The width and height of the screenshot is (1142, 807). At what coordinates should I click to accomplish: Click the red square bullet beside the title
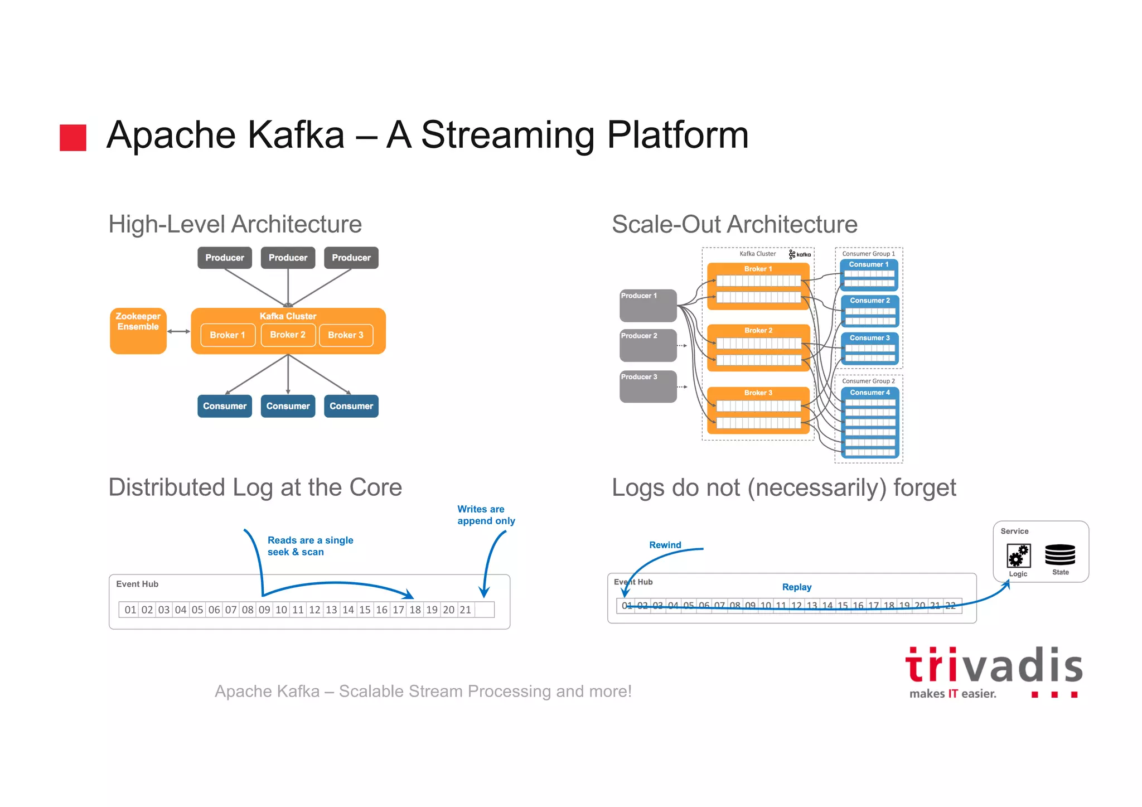point(73,138)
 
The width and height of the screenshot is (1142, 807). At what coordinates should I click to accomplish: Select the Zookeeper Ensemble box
point(138,331)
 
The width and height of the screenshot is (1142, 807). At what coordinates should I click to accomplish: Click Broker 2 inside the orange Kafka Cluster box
point(288,335)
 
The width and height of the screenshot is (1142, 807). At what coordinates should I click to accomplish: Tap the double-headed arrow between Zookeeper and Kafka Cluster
point(178,331)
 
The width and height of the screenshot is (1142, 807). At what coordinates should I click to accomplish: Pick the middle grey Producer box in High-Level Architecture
point(288,258)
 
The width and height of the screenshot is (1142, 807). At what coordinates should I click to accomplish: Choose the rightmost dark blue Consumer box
point(351,406)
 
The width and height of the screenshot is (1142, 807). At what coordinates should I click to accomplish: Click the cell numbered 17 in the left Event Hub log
point(398,610)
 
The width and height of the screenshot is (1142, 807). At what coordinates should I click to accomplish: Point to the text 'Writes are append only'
point(485,515)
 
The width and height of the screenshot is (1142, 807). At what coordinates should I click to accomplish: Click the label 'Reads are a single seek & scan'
point(310,546)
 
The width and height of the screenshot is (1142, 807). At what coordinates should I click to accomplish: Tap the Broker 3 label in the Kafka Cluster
point(758,393)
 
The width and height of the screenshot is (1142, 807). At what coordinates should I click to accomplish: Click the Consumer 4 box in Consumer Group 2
point(869,393)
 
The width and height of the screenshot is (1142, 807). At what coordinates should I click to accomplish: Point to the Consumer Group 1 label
point(868,254)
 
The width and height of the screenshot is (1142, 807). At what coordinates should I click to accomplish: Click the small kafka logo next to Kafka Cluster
point(800,254)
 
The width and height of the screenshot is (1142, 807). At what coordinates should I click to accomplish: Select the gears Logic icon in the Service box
point(1018,555)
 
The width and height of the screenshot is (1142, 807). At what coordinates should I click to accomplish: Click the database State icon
point(1059,555)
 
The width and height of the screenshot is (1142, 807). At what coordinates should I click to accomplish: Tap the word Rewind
point(665,545)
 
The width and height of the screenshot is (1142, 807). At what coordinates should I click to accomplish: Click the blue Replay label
point(796,587)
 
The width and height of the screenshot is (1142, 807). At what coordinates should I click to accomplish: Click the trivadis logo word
point(994,666)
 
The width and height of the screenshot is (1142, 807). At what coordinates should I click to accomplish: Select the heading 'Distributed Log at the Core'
point(255,487)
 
